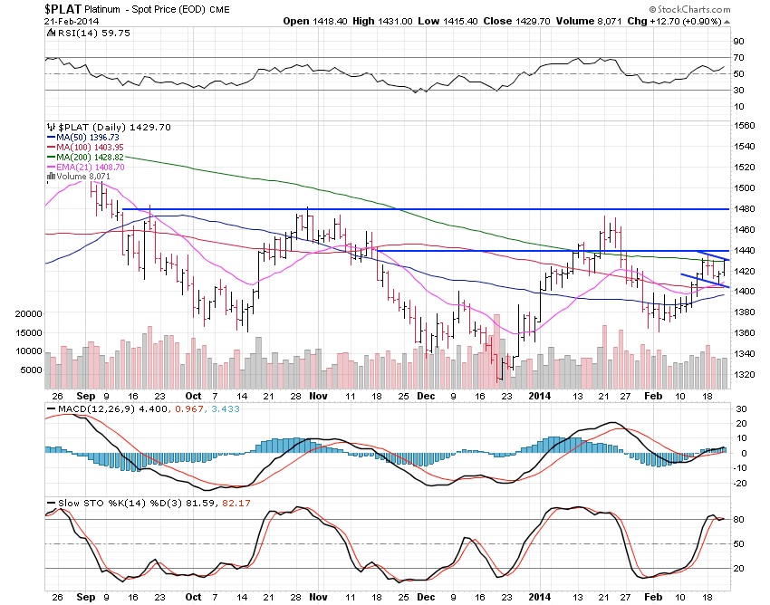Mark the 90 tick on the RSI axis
tap(738, 42)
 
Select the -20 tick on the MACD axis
tap(739, 483)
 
